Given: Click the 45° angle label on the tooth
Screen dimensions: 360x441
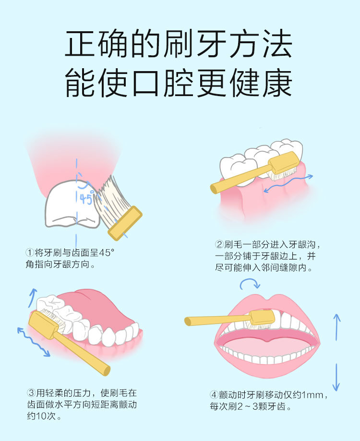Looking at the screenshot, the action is pyautogui.click(x=86, y=199).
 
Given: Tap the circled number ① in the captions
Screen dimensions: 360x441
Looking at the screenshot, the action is pyautogui.click(x=30, y=253).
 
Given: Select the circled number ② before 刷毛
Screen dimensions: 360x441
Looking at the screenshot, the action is pyautogui.click(x=219, y=244).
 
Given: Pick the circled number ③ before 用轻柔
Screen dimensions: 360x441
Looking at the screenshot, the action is pyautogui.click(x=31, y=392).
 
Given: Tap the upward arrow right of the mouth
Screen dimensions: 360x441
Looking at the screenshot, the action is pyautogui.click(x=336, y=327).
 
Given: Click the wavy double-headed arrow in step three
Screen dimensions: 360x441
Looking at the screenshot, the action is pyautogui.click(x=33, y=342).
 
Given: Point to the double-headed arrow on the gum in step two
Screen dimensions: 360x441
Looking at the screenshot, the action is pyautogui.click(x=288, y=184).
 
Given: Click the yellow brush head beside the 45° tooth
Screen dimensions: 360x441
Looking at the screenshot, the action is pyautogui.click(x=125, y=223).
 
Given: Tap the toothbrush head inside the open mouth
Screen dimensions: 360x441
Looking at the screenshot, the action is pyautogui.click(x=263, y=317).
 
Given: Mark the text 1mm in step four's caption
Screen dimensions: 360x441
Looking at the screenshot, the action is pyautogui.click(x=312, y=395).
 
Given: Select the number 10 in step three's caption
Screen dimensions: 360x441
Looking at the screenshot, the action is pyautogui.click(x=45, y=416).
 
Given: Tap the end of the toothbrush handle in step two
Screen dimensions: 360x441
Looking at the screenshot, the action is pyautogui.click(x=214, y=188).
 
